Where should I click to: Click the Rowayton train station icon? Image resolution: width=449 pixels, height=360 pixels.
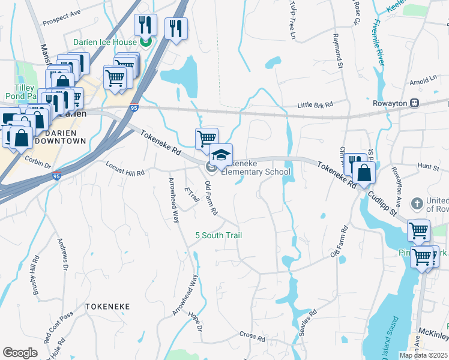(x=414, y=103)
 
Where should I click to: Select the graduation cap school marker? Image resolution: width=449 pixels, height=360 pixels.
(x=221, y=155)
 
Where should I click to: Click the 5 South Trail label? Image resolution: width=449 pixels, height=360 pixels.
(x=218, y=235)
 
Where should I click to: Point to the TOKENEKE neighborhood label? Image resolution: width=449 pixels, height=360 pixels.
(x=107, y=306)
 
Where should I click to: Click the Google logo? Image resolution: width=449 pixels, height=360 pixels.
(x=20, y=353)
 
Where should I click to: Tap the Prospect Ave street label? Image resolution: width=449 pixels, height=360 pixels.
(x=61, y=19)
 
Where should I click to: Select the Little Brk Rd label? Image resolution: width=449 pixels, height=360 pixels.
(x=315, y=105)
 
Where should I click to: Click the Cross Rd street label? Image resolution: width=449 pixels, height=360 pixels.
(x=252, y=337)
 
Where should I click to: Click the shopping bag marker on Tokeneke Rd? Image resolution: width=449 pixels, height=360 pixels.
(x=364, y=173)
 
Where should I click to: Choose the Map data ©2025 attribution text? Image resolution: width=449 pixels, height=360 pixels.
(x=424, y=355)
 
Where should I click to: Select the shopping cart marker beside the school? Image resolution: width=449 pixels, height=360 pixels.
(x=206, y=138)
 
